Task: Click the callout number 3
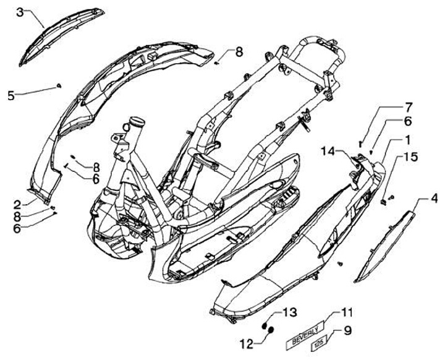click(x=20, y=12)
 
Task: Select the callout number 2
click(x=18, y=203)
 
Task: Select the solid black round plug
click(x=270, y=332)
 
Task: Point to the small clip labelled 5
click(x=58, y=85)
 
